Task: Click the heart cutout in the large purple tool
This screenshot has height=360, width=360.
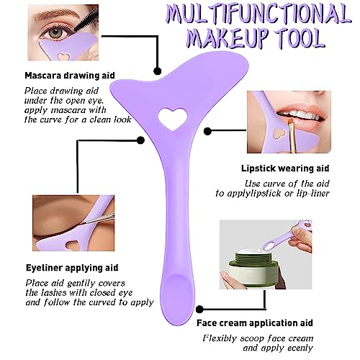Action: coord(173,120)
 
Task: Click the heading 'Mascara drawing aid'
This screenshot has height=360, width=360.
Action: coord(70,76)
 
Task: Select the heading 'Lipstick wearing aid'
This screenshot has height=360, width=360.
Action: coord(285,168)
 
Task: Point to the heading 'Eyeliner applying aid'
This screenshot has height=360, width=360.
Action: coord(72,268)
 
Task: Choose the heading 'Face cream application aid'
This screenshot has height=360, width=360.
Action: coord(255,323)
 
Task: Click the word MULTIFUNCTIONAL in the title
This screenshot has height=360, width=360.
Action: coord(258,15)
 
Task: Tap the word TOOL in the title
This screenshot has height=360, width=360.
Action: coord(303,38)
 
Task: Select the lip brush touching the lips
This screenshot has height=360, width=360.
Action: coord(291,135)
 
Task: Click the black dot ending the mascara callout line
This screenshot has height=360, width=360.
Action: coord(157,71)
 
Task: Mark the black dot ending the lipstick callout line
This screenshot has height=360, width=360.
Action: coord(207,131)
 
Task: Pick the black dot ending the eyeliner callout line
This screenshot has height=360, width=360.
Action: coord(140,140)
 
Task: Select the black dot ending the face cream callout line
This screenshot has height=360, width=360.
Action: coord(199,310)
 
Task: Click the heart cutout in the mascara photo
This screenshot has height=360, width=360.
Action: coord(63,56)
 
